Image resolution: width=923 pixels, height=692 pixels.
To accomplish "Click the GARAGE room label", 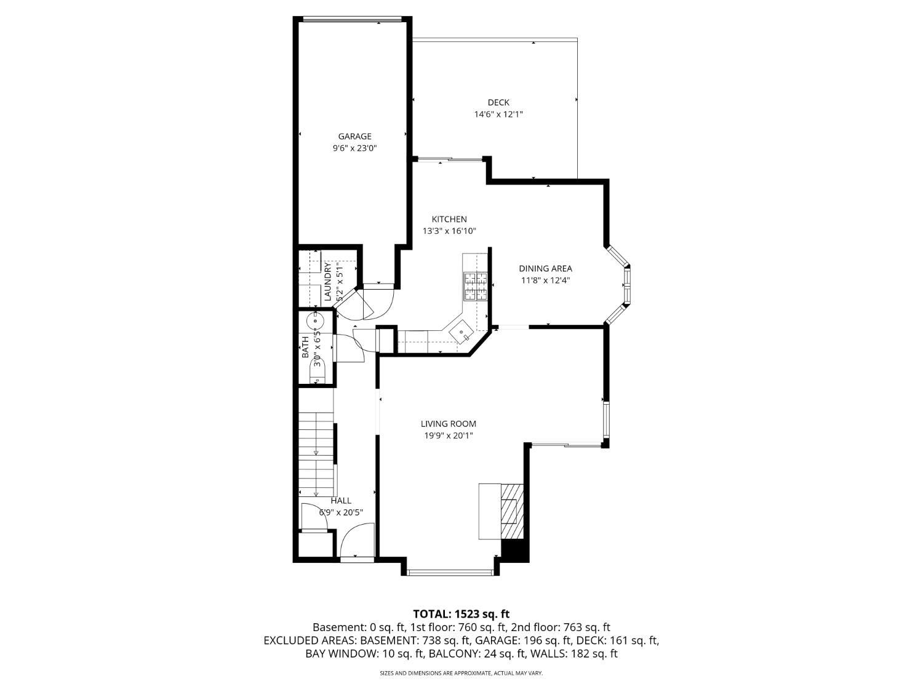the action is [354, 136].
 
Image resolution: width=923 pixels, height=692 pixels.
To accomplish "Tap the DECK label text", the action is [498, 102].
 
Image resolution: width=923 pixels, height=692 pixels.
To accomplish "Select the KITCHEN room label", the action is [449, 219].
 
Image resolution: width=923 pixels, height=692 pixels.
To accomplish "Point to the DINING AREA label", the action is [545, 268].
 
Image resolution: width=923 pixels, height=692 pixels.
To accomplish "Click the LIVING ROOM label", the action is [448, 424].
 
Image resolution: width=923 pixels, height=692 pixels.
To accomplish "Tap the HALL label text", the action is [341, 501].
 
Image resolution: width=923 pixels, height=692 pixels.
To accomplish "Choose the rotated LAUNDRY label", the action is [328, 282].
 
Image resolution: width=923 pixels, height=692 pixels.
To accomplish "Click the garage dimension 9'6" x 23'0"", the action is [354, 148].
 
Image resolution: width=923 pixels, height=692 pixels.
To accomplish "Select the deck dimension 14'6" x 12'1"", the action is [498, 114].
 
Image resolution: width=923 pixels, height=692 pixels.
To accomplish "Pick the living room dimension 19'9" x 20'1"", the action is [448, 435].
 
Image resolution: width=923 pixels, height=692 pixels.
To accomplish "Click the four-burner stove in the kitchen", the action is [475, 286].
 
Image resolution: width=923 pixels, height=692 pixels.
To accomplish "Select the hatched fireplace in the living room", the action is [512, 511].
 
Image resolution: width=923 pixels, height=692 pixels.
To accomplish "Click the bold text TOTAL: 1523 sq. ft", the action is [461, 614].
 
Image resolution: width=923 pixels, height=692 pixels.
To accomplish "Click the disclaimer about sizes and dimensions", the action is [461, 673].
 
